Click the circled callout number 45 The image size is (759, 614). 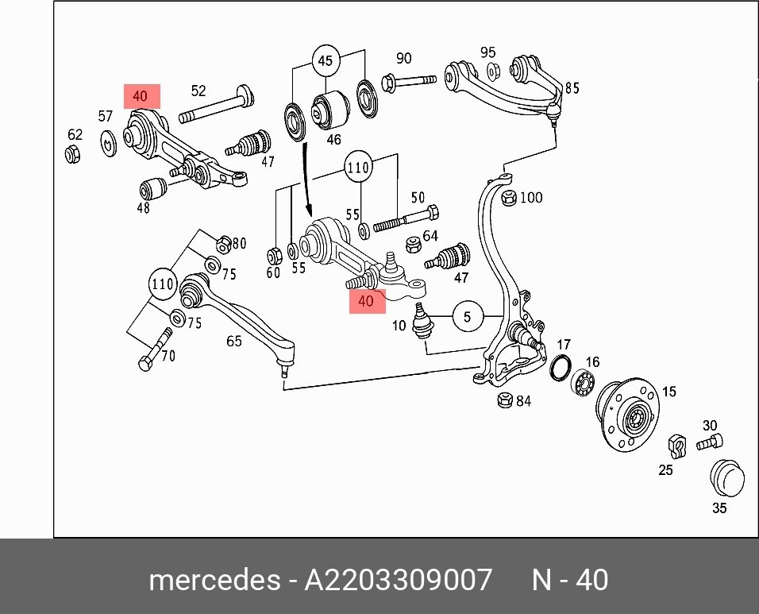(x=326, y=60)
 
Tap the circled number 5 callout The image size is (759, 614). (x=467, y=317)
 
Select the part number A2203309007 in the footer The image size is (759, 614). (x=398, y=580)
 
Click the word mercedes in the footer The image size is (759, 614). (x=214, y=580)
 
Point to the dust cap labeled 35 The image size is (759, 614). (x=726, y=477)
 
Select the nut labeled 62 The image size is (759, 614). (x=72, y=153)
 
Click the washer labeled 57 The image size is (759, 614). (x=109, y=143)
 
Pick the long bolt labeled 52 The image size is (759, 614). (x=217, y=104)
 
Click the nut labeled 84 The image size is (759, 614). (x=506, y=400)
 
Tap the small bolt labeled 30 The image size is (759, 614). (x=710, y=442)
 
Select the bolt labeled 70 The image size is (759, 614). (x=155, y=349)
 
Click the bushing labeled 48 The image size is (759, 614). (x=153, y=189)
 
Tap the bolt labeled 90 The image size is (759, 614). (x=409, y=82)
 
